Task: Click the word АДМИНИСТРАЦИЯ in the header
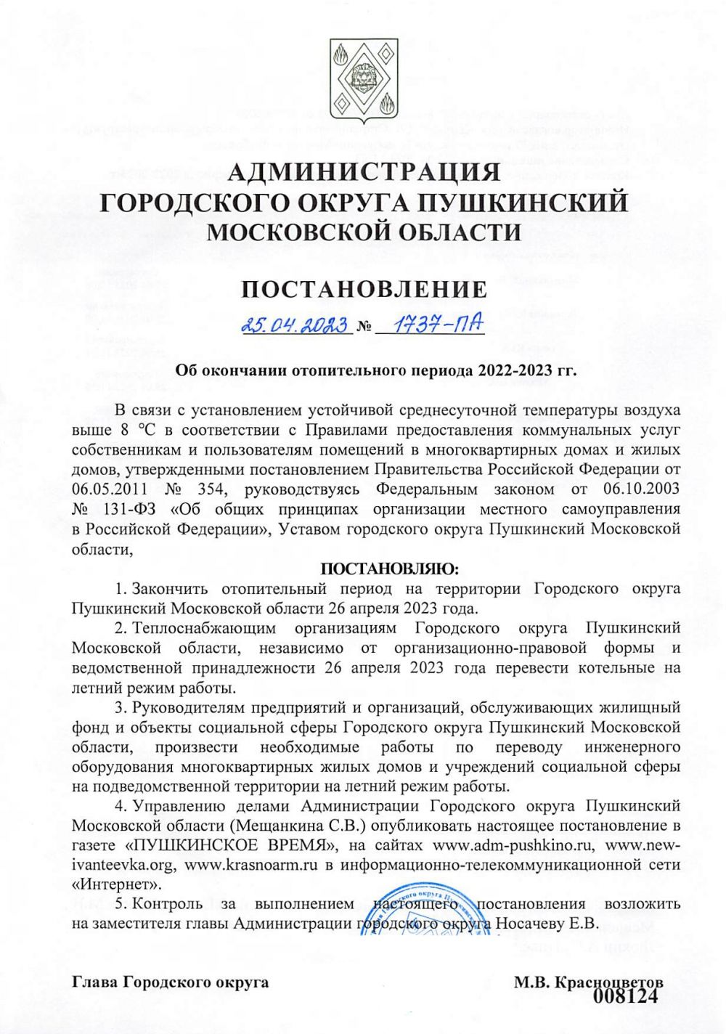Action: pyautogui.click(x=363, y=173)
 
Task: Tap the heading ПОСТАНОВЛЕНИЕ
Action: pyautogui.click(x=363, y=290)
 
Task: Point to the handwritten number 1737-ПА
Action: pyautogui.click(x=433, y=324)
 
